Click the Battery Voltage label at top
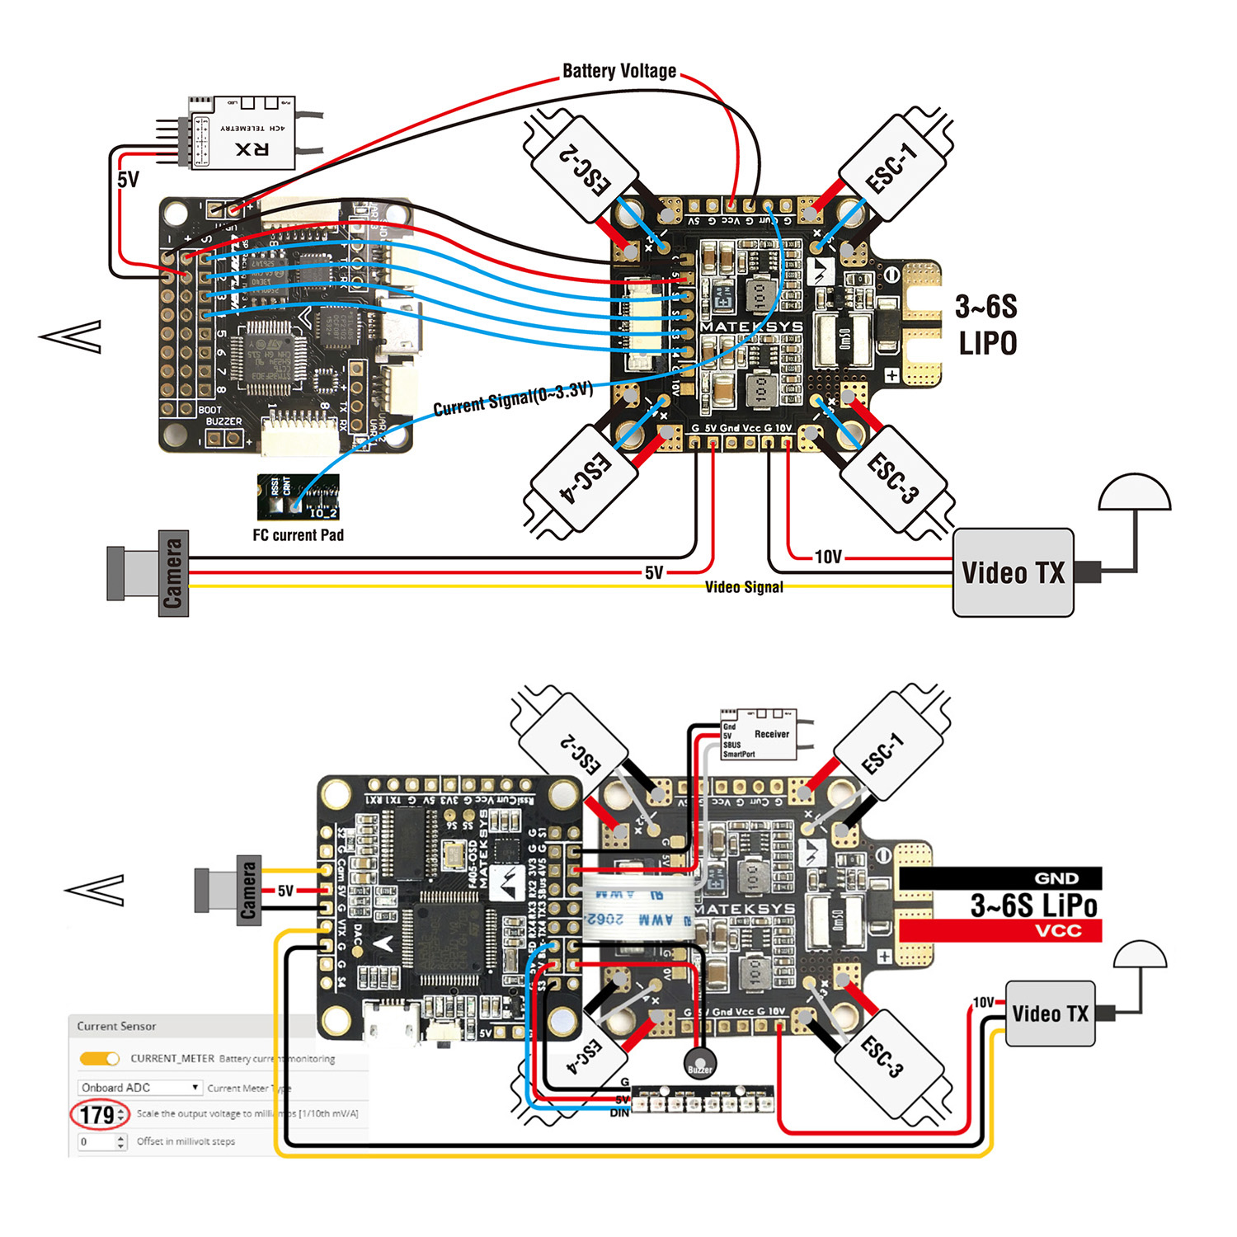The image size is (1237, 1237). [x=618, y=71]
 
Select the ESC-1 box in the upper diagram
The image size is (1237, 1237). [x=891, y=167]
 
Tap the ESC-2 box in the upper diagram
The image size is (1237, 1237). [x=584, y=169]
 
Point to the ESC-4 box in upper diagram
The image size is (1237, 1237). [x=584, y=478]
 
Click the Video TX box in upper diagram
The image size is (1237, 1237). [x=1013, y=572]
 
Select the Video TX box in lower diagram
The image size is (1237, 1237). [x=1050, y=1014]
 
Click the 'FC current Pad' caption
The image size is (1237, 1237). [x=298, y=535]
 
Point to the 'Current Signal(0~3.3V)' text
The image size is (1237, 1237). [x=513, y=398]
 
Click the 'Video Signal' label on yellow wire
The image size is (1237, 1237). [x=744, y=587]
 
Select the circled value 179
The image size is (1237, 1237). [x=98, y=1115]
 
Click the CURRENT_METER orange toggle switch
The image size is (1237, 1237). [x=100, y=1058]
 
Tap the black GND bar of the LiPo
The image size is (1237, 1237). [x=999, y=878]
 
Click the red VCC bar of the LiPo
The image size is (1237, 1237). [x=999, y=931]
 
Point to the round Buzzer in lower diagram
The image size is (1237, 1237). [x=699, y=1064]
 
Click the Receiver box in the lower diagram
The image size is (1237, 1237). [x=759, y=733]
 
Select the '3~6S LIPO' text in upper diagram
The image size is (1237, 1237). [x=986, y=325]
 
